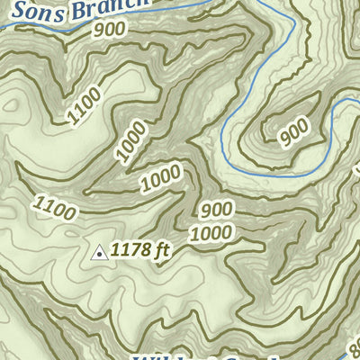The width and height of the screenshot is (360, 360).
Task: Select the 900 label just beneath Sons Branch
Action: point(108,30)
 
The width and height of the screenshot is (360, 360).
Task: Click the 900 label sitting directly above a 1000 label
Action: point(217,210)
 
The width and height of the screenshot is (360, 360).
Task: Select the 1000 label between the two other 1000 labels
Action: point(161,180)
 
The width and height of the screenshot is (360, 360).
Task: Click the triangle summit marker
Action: point(99,254)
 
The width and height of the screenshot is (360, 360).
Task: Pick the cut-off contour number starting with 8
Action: point(354,345)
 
